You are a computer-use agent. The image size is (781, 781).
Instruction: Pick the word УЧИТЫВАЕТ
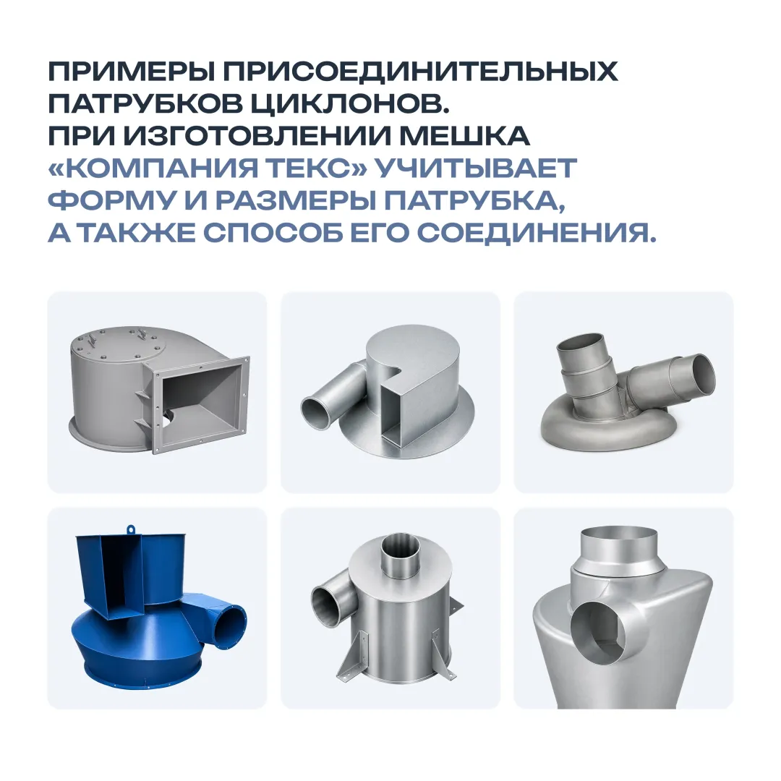pyautogui.click(x=476, y=168)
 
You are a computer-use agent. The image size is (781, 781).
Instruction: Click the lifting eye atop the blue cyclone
pyautogui.click(x=131, y=529)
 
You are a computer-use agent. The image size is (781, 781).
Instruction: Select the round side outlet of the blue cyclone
pyautogui.click(x=230, y=625)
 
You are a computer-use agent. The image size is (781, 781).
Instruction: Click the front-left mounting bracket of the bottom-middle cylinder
pyautogui.click(x=354, y=657)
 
